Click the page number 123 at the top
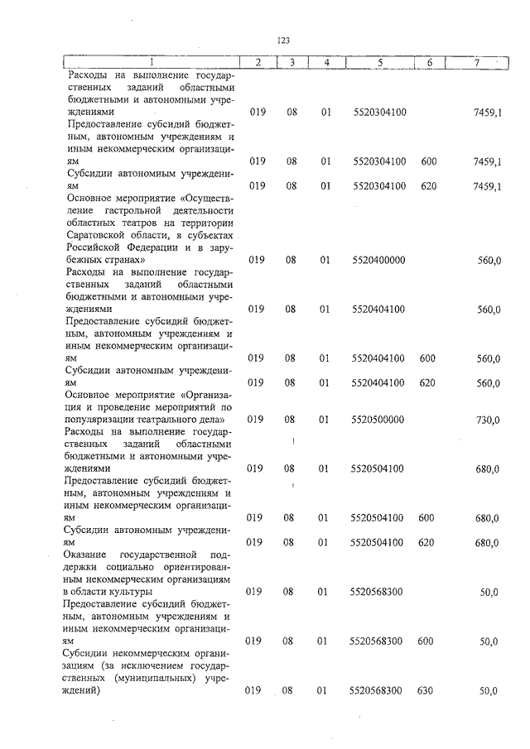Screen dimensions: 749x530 (x=282, y=40)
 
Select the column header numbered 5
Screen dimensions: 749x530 (x=378, y=62)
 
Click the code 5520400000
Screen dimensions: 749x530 (x=378, y=260)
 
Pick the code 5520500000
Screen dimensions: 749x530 (x=378, y=420)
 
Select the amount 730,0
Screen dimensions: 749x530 (x=488, y=420)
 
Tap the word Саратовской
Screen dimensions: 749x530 (x=98, y=235)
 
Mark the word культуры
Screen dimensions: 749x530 (x=129, y=593)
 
